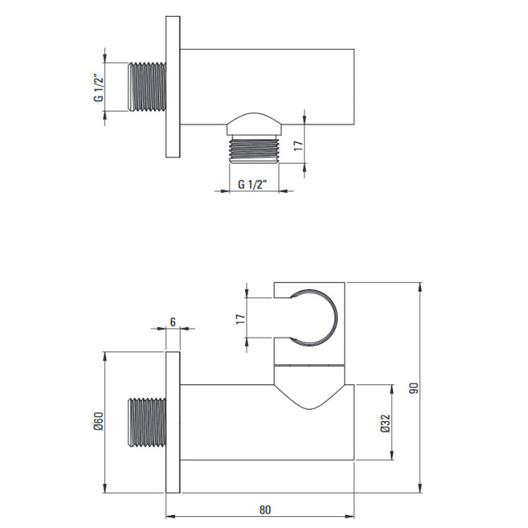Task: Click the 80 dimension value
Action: pos(265,510)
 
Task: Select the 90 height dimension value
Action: pos(414,388)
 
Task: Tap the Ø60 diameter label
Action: pos(98,421)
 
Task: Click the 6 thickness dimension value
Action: pos(173,322)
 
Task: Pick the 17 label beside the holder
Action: pos(240,318)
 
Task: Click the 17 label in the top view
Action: pos(298,145)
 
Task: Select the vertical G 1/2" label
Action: pos(98,87)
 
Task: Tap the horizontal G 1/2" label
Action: pos(252,185)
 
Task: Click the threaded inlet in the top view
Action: pos(147,87)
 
